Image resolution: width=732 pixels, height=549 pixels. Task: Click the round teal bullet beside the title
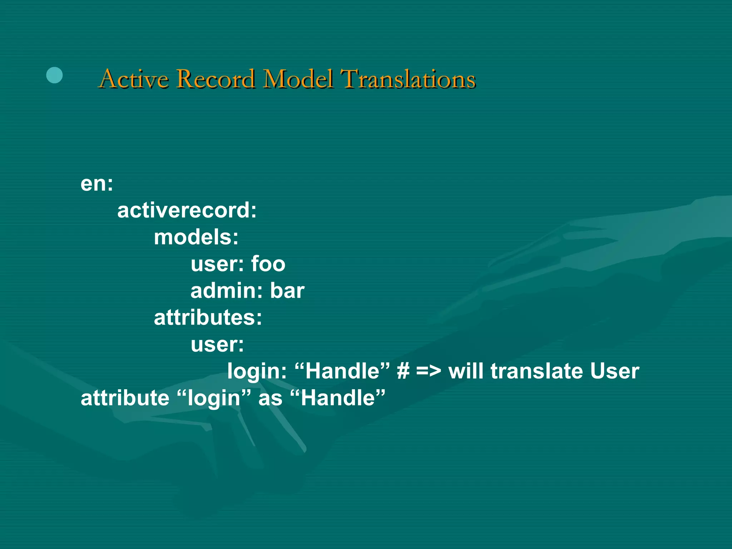(54, 75)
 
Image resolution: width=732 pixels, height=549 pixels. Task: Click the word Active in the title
(134, 79)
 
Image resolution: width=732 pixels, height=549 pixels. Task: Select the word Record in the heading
(216, 79)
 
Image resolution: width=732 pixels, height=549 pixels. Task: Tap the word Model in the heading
(298, 79)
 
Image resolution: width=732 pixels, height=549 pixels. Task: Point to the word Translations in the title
(408, 79)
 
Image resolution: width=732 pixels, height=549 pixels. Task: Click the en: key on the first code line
(97, 184)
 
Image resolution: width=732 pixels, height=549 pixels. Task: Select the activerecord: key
(187, 210)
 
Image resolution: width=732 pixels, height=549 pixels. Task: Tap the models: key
(196, 237)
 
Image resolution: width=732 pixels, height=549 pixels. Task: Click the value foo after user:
(268, 264)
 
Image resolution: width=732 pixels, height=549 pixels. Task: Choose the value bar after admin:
(287, 291)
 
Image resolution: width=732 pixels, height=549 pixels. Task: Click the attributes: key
(208, 317)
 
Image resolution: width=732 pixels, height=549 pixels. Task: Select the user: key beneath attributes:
(217, 345)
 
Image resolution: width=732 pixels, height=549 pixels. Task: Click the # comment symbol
(403, 371)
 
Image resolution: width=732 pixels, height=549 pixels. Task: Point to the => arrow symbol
(429, 371)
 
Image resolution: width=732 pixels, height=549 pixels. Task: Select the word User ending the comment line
(614, 371)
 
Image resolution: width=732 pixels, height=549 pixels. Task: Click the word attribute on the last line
(125, 398)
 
